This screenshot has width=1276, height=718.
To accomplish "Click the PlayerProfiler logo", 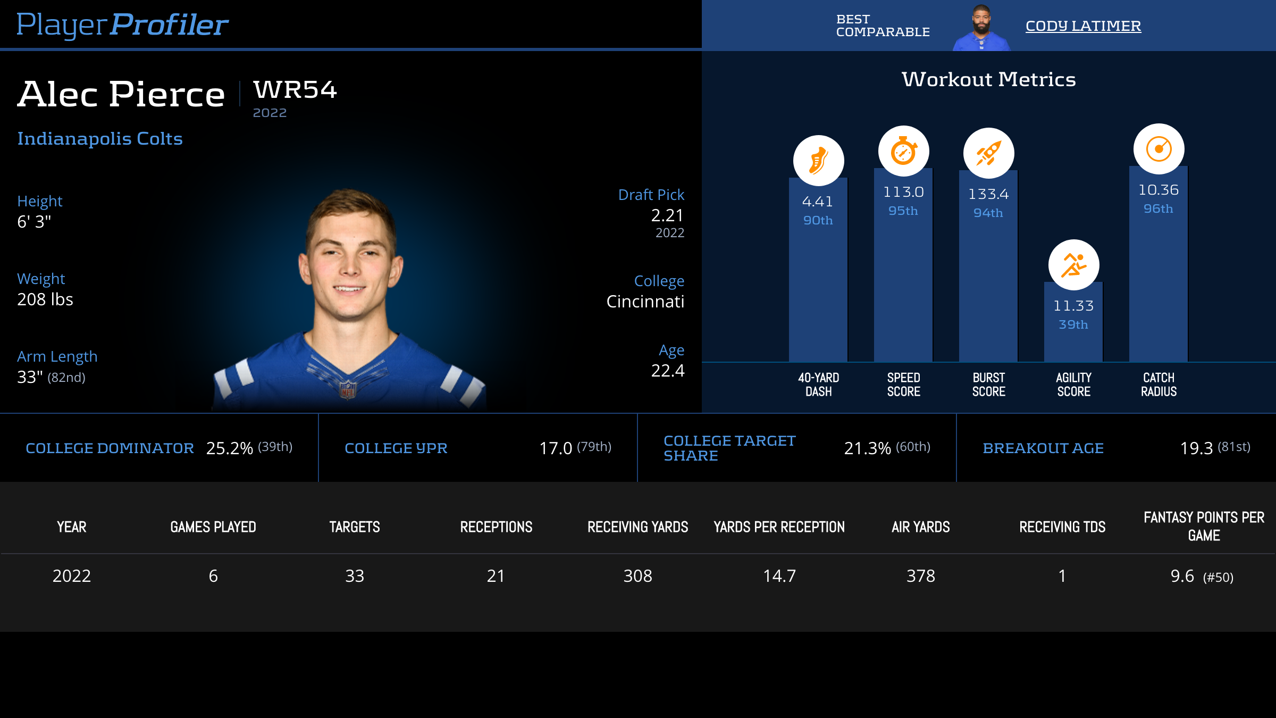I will click(122, 25).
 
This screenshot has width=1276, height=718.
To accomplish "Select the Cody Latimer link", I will click(1083, 26).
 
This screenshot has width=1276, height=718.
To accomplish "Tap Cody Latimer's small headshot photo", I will click(981, 28).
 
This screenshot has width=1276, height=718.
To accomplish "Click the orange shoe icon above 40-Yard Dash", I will click(818, 160).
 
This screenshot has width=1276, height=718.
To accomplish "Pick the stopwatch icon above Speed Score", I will click(903, 151).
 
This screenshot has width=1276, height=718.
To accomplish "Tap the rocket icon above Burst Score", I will click(988, 153).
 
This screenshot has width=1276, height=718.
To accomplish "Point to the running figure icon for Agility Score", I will click(1073, 265).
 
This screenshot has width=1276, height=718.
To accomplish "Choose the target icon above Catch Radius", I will click(1159, 149).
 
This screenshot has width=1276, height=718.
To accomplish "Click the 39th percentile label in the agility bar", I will click(1073, 324).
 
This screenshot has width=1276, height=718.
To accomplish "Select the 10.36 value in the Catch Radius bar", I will click(1158, 190).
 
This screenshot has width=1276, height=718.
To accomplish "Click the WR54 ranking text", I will click(295, 89).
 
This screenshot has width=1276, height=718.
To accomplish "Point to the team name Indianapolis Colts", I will click(100, 138).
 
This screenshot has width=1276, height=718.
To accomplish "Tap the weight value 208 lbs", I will click(45, 299).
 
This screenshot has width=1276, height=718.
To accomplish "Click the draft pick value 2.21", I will click(667, 215).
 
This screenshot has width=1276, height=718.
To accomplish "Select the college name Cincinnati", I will click(645, 302).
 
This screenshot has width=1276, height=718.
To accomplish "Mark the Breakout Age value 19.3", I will click(1196, 448).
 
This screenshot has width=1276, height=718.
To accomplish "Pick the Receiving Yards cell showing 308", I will click(637, 576).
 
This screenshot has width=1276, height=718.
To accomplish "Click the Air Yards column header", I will click(920, 527).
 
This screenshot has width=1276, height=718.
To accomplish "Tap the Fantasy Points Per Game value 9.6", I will click(1182, 576).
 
